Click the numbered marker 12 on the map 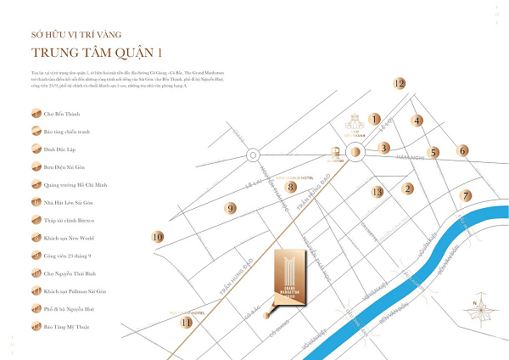(400, 83)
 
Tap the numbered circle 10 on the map (157, 239)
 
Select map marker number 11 (187, 322)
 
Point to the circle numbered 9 (229, 208)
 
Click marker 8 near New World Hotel (290, 187)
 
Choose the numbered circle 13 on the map (378, 192)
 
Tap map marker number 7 (466, 195)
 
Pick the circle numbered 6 (463, 151)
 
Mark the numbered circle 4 (417, 121)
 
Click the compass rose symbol (480, 307)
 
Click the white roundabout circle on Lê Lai (253, 155)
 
